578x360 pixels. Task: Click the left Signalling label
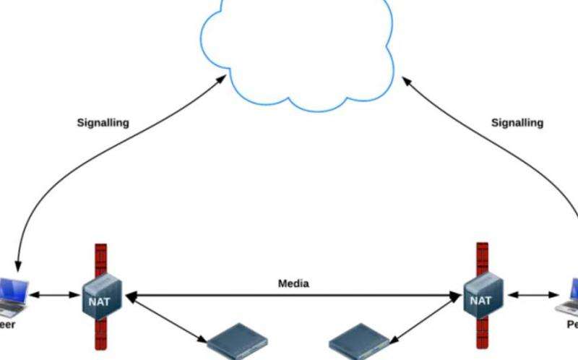pyautogui.click(x=103, y=123)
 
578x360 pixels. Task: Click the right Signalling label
pyautogui.click(x=517, y=123)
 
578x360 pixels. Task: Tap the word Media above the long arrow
pyautogui.click(x=293, y=283)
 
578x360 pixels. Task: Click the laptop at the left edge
pyautogui.click(x=13, y=296)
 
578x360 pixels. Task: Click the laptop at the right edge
pyautogui.click(x=569, y=296)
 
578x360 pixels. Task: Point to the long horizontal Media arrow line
pyautogui.click(x=293, y=295)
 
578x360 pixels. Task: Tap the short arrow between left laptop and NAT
pyautogui.click(x=54, y=295)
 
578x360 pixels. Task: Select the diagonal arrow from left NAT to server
pyautogui.click(x=166, y=322)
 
